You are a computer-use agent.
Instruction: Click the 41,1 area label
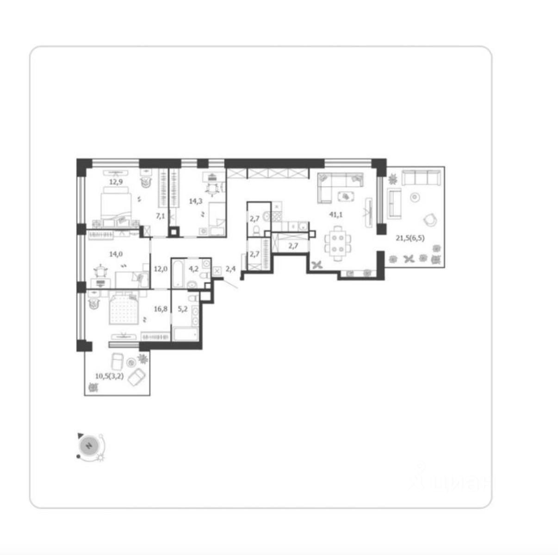(x=335, y=215)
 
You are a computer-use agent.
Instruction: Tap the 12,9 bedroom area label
(x=116, y=182)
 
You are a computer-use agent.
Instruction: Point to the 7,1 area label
(x=160, y=216)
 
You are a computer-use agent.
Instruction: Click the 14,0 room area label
(x=116, y=254)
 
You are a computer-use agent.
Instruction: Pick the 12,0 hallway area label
(x=161, y=269)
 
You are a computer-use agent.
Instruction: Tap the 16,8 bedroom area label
(x=161, y=309)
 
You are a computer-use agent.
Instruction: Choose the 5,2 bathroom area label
(x=182, y=309)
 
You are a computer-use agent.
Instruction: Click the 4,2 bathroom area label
(x=193, y=269)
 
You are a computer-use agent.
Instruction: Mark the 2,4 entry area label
(x=230, y=269)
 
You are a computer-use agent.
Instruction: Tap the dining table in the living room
(x=338, y=243)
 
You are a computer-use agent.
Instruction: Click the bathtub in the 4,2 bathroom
(x=178, y=273)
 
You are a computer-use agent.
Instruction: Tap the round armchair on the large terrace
(x=430, y=219)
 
